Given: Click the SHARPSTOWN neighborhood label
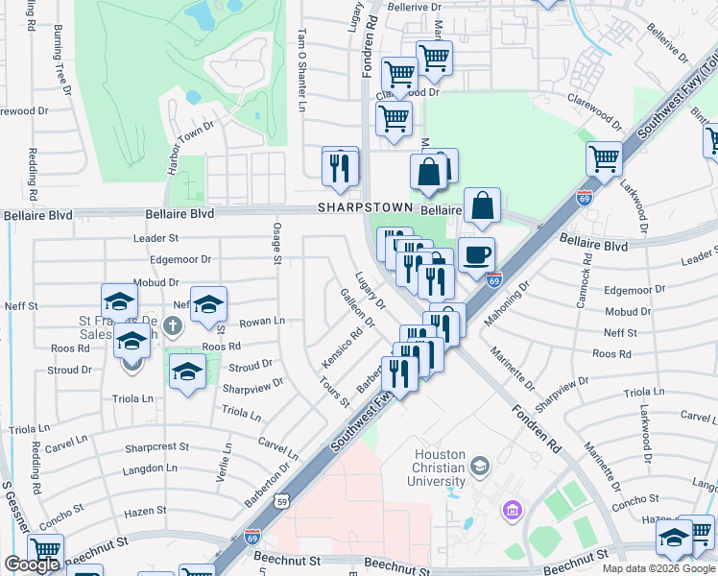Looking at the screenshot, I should tap(365, 207).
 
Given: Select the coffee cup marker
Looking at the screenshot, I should tap(477, 255).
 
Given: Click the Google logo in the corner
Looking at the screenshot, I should tap(32, 564).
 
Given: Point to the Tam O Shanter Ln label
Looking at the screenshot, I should tap(300, 69).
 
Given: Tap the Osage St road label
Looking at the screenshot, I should tap(276, 241).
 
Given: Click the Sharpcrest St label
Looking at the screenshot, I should tap(157, 447).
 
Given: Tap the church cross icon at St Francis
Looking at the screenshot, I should tap(173, 325).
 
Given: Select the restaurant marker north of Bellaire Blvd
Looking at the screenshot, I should tap(340, 167).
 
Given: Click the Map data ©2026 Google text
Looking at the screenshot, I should tap(658, 568).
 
